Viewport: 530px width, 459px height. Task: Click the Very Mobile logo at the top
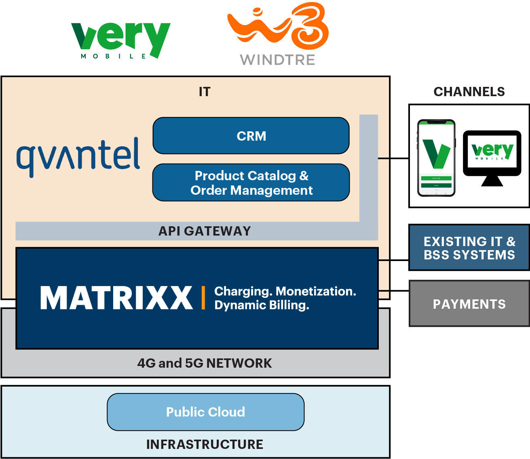120,40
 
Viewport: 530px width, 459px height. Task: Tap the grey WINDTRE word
278,60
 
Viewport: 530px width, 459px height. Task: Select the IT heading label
205,92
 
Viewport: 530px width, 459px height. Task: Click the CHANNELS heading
469,92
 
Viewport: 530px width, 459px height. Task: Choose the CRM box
251,136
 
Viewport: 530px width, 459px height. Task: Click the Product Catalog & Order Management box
251,183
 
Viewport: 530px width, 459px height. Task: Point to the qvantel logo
78,157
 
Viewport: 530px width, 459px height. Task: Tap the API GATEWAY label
205,231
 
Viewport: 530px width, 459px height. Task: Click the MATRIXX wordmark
116,298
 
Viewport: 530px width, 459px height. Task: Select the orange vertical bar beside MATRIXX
203,298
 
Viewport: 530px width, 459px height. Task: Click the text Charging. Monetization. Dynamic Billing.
285,298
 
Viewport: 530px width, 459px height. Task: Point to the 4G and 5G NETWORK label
205,363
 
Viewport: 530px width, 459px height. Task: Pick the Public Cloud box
205,412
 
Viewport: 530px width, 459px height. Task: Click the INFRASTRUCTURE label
205,444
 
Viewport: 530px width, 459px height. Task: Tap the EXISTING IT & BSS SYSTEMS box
469,248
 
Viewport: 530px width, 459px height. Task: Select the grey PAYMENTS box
469,304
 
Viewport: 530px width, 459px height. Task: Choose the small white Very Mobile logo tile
492,152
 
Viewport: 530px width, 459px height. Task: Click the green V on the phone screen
436,154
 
